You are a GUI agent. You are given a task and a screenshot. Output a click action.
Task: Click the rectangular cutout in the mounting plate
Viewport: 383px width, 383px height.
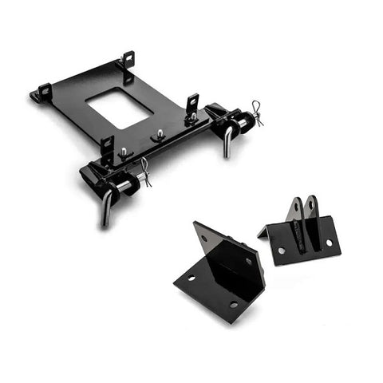click(x=118, y=108)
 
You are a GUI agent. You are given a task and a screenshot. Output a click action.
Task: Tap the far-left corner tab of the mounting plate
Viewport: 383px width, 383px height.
click(x=38, y=95)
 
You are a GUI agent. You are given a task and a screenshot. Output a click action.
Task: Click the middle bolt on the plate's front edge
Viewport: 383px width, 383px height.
click(x=160, y=133)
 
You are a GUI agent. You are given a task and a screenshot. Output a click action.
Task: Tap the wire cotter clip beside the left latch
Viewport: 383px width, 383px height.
click(x=145, y=170)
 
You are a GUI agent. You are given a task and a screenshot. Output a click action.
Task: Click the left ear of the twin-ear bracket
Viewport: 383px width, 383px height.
click(x=295, y=208)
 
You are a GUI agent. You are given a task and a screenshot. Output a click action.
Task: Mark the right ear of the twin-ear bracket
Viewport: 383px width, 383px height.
click(x=312, y=206)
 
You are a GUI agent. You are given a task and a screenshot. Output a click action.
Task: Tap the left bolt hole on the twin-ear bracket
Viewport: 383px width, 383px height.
click(x=281, y=251)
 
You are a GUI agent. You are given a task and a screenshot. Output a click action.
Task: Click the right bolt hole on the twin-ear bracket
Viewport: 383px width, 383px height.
click(x=327, y=243)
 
